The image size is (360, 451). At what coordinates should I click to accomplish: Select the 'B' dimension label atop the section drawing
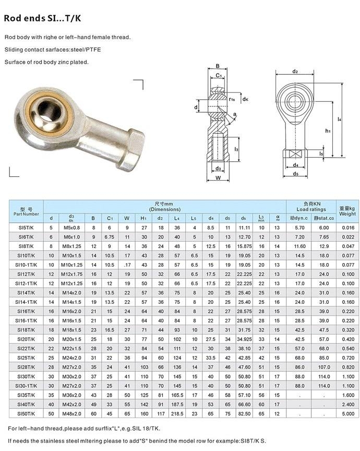click(x=217, y=66)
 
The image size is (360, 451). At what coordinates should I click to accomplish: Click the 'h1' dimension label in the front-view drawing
click(x=328, y=130)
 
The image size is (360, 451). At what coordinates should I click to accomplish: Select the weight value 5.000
click(x=347, y=413)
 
